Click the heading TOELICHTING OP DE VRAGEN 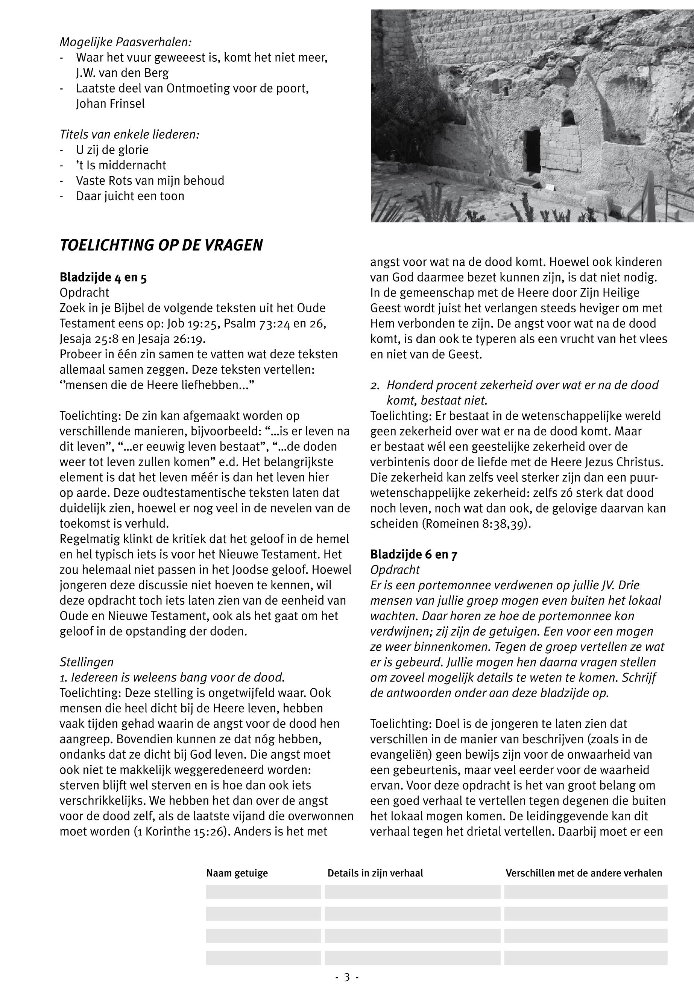(161, 245)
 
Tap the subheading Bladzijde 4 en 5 (103, 278)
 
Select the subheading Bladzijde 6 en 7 (413, 554)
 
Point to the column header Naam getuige (237, 873)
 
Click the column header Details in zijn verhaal (375, 873)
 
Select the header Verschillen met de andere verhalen (583, 873)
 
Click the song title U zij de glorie (112, 150)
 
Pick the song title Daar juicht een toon (130, 196)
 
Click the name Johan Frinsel (111, 103)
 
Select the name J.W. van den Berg (122, 73)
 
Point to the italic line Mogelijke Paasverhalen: (126, 42)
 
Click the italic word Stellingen (87, 662)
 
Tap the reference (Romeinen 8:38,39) (477, 523)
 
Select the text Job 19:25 (193, 324)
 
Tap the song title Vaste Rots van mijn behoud (150, 181)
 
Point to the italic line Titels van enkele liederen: (129, 134)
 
